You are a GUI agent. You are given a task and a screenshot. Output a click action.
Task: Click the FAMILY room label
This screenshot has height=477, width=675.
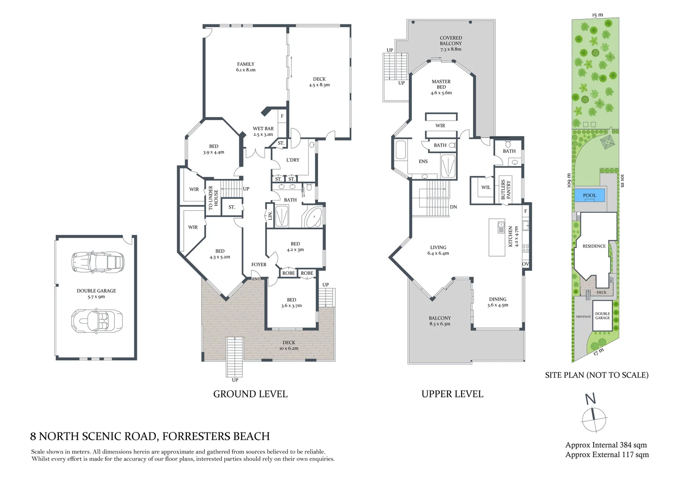coord(246,67)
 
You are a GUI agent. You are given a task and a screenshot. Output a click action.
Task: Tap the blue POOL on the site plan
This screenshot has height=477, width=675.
coord(589,195)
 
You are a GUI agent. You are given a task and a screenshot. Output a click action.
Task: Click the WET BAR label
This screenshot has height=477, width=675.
coord(263,131)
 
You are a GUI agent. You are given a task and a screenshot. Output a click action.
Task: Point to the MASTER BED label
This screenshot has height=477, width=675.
coord(441,87)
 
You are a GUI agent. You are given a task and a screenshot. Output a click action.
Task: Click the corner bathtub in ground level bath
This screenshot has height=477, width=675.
coord(313,218)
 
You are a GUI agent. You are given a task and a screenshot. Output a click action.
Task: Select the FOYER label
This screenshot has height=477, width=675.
coord(259,265)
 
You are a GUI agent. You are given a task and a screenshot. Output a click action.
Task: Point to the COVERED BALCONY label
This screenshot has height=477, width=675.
coord(451,43)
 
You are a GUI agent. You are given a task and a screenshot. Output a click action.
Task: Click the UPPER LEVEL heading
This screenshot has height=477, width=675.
coord(452,394)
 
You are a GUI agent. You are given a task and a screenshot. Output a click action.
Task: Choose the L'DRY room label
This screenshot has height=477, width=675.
coord(293,160)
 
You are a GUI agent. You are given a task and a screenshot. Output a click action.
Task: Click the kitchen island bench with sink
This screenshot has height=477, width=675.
coord(497,237)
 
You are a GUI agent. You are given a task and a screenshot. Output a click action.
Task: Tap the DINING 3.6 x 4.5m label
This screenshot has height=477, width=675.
coord(497,302)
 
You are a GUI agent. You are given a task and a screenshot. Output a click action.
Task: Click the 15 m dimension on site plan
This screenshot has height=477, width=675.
coord(597,15)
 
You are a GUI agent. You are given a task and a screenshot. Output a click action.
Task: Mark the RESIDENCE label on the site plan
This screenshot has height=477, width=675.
coord(594,246)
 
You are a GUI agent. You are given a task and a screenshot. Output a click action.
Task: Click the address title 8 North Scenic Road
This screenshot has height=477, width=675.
coord(150,436)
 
